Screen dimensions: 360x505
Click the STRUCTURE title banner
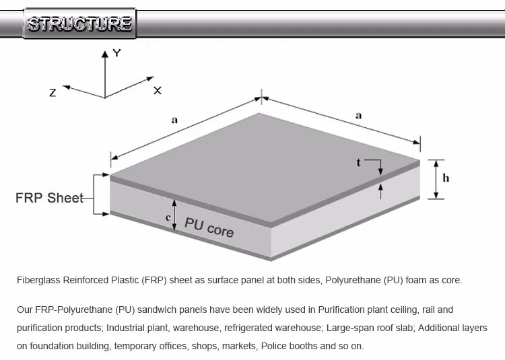tap(79, 24)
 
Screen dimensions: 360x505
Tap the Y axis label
tap(116, 52)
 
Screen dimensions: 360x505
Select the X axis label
tap(158, 90)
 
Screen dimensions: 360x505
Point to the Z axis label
tap(53, 93)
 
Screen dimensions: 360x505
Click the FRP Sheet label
tap(49, 198)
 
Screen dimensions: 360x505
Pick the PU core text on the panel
tap(209, 227)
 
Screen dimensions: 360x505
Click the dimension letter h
tap(446, 178)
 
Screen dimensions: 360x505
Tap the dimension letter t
tap(359, 162)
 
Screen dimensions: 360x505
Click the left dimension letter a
tap(174, 120)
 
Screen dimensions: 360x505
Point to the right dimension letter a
tap(359, 115)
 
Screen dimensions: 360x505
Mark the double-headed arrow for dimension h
tap(436, 179)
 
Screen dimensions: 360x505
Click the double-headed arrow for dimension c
tap(174, 215)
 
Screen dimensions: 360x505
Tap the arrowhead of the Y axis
tap(106, 52)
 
